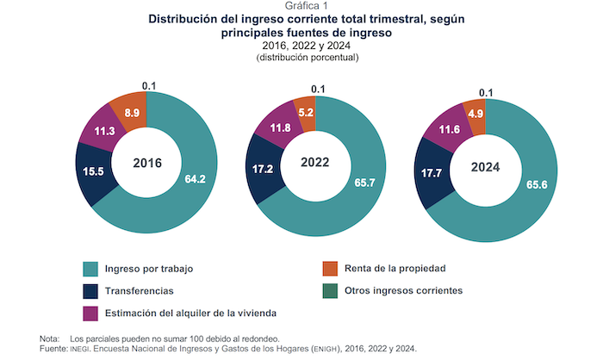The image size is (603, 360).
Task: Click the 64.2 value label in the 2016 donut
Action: (x=196, y=179)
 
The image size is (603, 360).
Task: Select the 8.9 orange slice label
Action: (x=133, y=113)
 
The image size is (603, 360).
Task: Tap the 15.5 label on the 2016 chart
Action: (x=96, y=171)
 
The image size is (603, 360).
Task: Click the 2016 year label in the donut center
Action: (x=147, y=163)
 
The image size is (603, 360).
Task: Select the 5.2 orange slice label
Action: (x=304, y=112)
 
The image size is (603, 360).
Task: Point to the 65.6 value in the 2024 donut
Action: (x=533, y=183)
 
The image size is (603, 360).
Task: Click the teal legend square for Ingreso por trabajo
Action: (x=90, y=269)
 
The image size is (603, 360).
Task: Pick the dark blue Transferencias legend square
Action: (x=90, y=291)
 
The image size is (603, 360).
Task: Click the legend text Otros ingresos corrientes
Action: (x=404, y=291)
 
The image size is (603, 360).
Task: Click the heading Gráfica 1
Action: (x=300, y=6)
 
